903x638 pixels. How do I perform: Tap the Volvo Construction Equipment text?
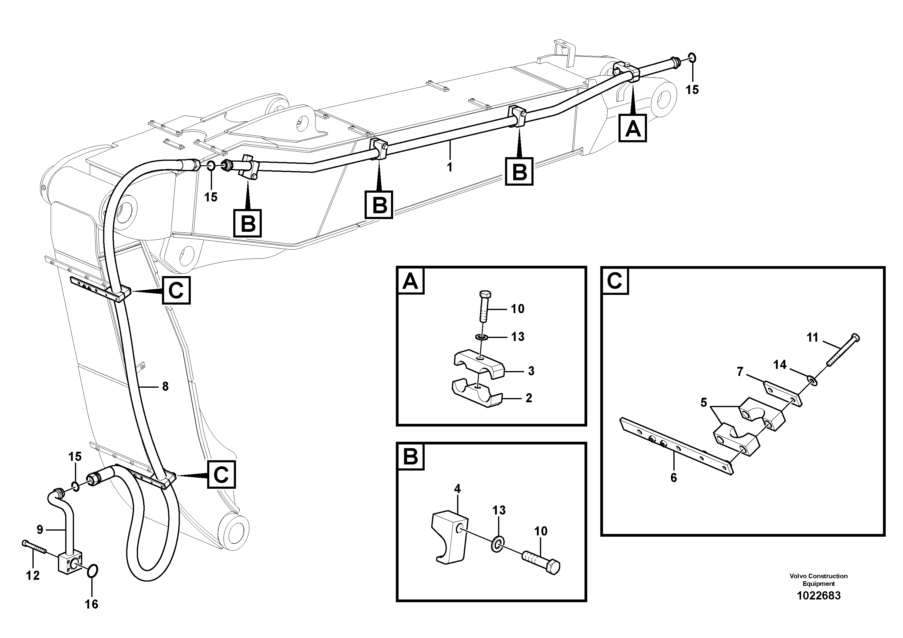(818, 580)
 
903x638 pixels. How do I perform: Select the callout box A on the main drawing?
(632, 128)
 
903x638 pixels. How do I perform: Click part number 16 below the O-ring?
(92, 604)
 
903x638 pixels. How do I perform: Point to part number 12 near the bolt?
(33, 576)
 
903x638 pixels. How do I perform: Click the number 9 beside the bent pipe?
(40, 530)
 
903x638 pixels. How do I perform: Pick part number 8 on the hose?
(165, 387)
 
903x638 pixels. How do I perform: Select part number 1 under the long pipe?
(450, 167)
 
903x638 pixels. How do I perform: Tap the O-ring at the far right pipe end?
(693, 58)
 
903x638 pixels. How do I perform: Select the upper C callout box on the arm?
(176, 290)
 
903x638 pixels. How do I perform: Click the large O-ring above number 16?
(93, 571)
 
